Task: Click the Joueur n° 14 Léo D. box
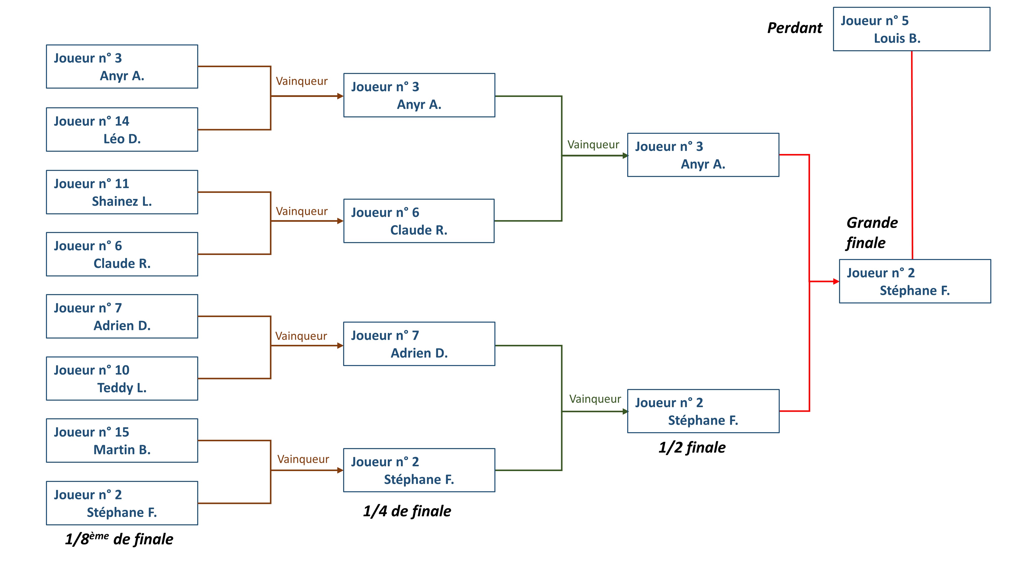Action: (x=122, y=129)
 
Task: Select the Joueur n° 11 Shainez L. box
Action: (x=122, y=192)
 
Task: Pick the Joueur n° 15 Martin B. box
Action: (x=122, y=441)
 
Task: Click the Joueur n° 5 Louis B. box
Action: (x=911, y=29)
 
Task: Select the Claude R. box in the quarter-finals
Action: (x=419, y=221)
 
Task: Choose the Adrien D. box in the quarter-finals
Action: (x=419, y=344)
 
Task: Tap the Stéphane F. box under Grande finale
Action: (x=915, y=281)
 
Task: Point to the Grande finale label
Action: (x=871, y=233)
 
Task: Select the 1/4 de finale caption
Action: (x=407, y=511)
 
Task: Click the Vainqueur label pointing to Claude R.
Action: (x=301, y=211)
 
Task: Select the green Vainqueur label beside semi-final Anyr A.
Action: (x=593, y=145)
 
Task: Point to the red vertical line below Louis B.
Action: (x=912, y=157)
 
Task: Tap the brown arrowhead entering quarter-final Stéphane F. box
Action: (x=340, y=470)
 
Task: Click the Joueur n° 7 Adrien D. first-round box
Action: (x=122, y=316)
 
